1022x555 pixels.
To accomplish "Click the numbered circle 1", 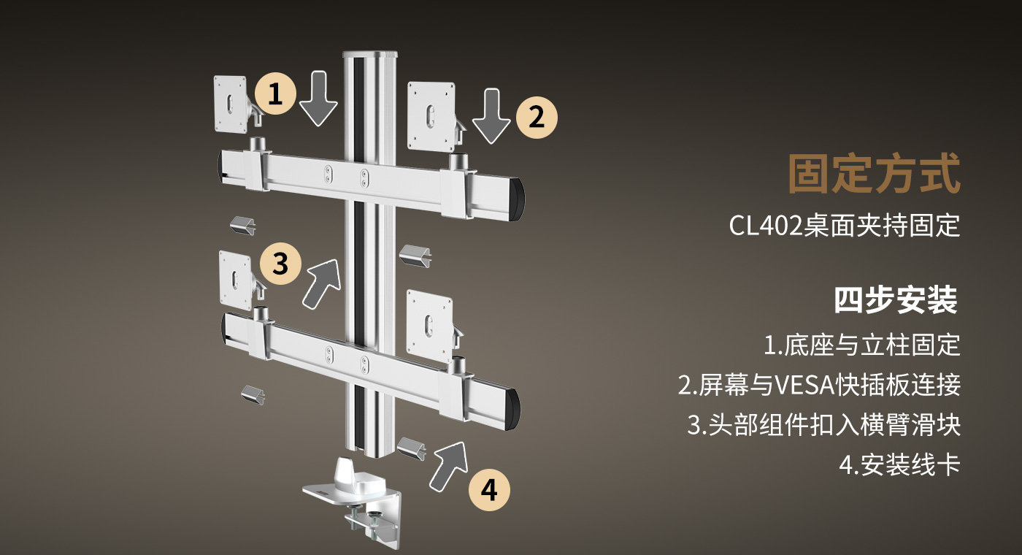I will point(275,94).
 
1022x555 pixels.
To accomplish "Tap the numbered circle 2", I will point(537,117).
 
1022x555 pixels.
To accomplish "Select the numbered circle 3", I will point(280,263).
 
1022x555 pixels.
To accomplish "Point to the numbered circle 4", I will point(489,489).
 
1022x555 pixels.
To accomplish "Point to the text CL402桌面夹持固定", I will point(844,226).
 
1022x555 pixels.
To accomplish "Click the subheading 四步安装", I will point(896,300).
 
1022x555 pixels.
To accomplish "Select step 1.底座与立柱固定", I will point(861,345).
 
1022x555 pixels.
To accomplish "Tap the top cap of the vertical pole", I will point(370,56).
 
